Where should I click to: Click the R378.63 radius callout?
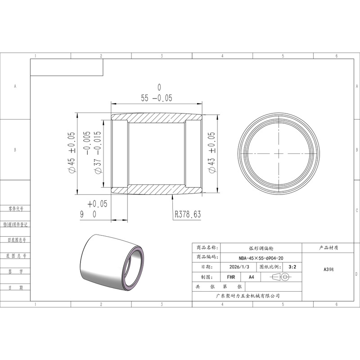coord(188,214)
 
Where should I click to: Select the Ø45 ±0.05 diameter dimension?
coord(71,152)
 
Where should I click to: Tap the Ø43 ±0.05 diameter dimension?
coord(211,152)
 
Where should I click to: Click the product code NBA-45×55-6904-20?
coord(261,258)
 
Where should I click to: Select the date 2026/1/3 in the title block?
coord(239,267)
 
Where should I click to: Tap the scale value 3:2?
coord(292,267)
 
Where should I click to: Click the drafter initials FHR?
coord(231,277)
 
